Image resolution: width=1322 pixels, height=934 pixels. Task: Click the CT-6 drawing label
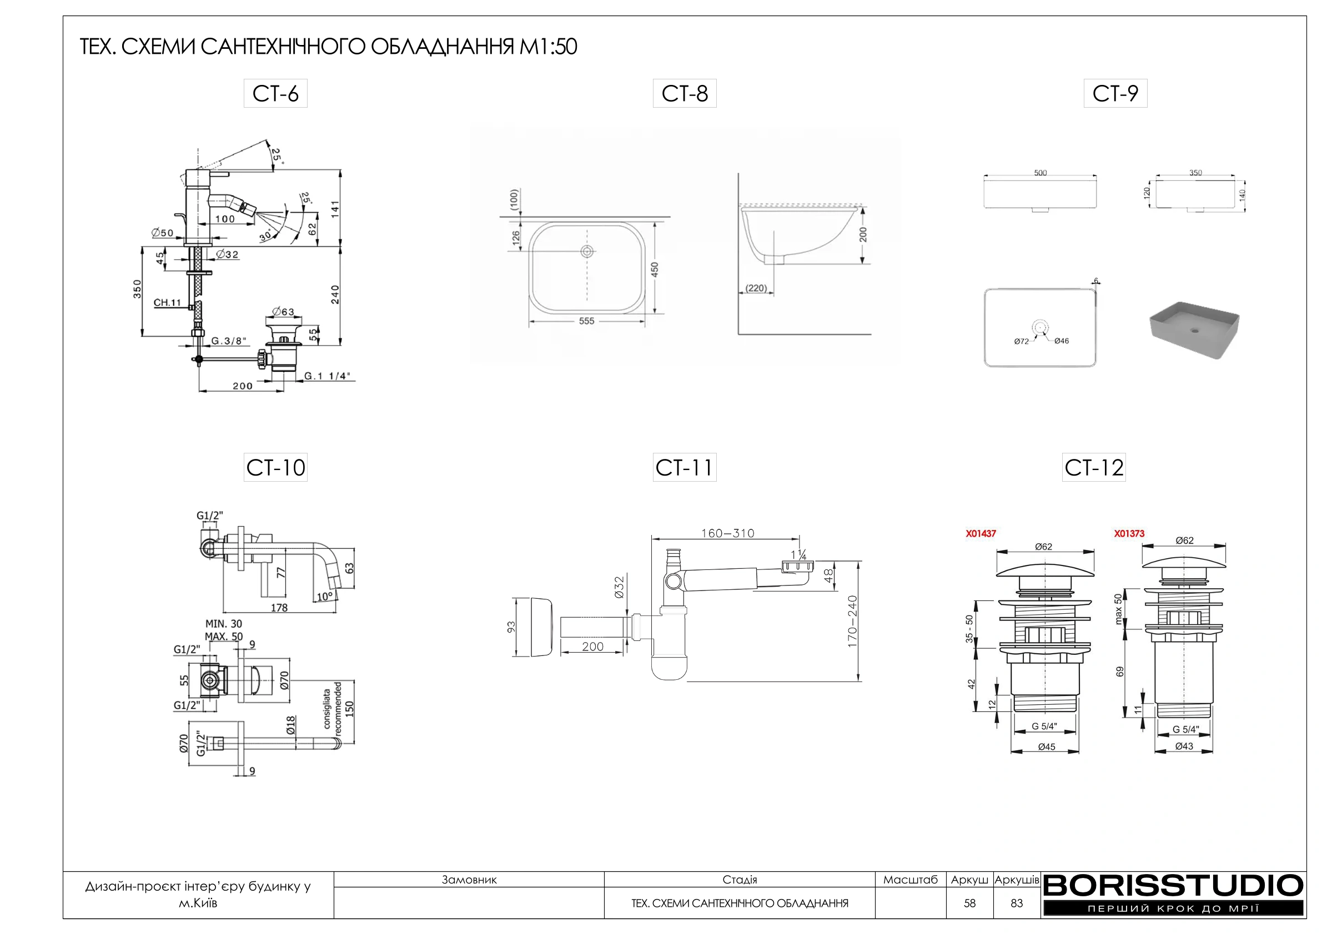point(275,93)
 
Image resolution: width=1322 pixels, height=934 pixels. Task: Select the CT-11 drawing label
point(684,467)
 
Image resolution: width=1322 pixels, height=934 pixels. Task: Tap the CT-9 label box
point(1115,93)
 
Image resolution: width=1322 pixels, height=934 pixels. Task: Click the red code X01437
point(981,533)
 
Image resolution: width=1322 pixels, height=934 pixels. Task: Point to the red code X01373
point(1129,533)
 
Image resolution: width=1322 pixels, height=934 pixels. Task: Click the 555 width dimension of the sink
point(587,321)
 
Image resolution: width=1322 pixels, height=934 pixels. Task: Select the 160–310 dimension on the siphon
point(728,533)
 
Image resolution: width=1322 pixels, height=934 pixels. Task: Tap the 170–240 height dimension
point(853,622)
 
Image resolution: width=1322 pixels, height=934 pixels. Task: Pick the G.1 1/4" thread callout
point(326,376)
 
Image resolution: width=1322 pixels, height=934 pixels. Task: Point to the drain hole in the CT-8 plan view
point(587,251)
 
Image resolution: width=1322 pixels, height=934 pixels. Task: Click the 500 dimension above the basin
point(1040,173)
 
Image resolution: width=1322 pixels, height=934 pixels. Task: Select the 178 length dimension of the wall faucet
point(279,608)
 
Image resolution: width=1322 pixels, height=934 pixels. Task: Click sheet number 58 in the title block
point(969,903)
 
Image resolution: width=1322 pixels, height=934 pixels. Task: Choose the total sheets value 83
point(1017,903)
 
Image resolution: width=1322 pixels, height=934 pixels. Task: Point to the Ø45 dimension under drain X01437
point(1046,747)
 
